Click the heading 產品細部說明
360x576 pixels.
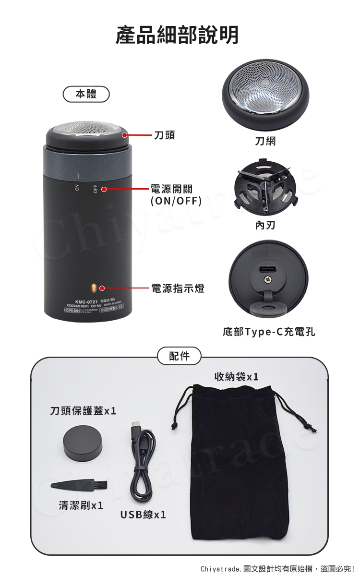coord(177,35)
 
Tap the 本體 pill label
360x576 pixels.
coord(86,95)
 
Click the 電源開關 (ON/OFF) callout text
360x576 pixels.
coord(176,194)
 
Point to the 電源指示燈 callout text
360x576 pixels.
coord(178,288)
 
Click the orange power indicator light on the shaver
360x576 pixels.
coord(95,288)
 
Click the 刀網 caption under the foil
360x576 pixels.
coord(265,141)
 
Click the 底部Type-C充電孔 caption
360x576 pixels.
coord(269,332)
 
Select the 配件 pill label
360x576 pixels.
coord(179,356)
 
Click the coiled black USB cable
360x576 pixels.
coord(143,463)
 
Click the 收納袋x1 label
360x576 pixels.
coord(237,377)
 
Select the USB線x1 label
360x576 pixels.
coord(143,515)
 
